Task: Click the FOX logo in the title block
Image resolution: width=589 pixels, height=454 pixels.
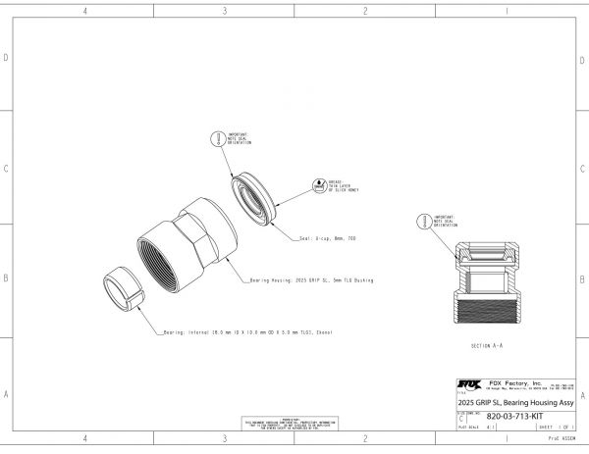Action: (x=464, y=384)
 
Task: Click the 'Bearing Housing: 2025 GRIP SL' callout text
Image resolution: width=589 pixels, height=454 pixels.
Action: (x=313, y=279)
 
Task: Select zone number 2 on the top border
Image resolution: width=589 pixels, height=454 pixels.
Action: (x=365, y=11)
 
